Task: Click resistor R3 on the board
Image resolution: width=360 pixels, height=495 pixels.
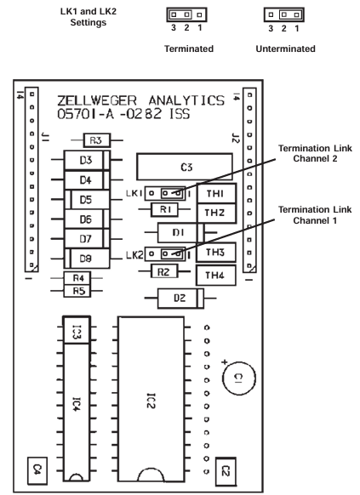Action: coord(97,140)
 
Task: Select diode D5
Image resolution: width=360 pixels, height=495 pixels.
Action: coord(87,200)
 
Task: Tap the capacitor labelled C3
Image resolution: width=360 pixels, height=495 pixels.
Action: coord(185,167)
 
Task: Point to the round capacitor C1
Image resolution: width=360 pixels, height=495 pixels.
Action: coord(239,378)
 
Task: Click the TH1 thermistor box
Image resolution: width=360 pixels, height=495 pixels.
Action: coord(217,193)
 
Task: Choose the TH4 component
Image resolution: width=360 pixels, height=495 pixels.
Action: coord(216,276)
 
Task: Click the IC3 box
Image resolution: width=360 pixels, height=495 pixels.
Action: coord(77,330)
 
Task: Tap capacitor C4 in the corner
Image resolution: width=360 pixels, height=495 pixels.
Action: coord(37,470)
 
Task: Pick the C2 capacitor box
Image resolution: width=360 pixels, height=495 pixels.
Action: coord(226,472)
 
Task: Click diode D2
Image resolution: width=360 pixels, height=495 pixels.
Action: coord(180,298)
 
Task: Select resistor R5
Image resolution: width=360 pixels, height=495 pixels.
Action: coord(77,291)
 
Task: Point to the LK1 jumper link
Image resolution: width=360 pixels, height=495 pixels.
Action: coord(165,193)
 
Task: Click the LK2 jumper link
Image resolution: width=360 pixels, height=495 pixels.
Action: coord(165,253)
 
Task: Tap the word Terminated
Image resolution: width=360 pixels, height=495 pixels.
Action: coord(189,48)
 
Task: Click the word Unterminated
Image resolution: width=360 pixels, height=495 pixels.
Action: coord(285,48)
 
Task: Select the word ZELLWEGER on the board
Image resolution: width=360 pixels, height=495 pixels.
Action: coord(97,101)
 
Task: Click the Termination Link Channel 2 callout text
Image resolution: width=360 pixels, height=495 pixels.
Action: coord(315,153)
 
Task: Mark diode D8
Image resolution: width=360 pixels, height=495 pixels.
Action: coord(87,259)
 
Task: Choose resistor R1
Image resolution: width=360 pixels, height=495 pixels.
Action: coord(164,209)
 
